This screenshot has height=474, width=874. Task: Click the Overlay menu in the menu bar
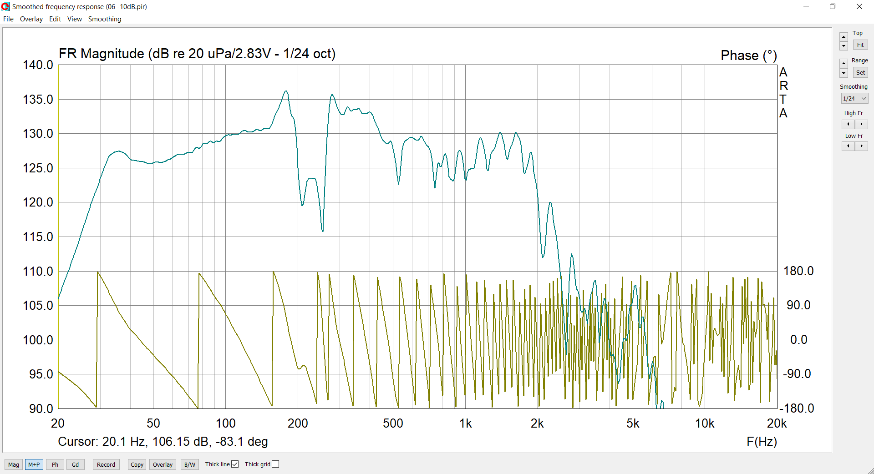coord(31,19)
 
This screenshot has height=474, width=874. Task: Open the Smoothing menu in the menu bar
coord(105,19)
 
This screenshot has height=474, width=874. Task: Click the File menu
coord(8,19)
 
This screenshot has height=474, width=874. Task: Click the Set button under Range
coord(860,72)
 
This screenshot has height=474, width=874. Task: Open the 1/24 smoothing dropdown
coord(854,98)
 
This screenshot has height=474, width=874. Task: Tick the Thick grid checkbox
coord(275,464)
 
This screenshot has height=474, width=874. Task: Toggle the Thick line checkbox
coord(235,464)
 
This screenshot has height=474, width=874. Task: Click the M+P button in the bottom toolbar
coord(34,464)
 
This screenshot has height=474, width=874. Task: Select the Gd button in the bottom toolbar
coord(75,464)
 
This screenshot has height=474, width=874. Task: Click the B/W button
coord(190,464)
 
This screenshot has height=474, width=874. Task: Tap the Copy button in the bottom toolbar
coord(137,464)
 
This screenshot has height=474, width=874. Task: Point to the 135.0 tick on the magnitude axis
coord(38,100)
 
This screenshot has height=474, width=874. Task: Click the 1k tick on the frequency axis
coord(465,424)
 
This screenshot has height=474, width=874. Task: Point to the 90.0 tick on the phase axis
coord(798,305)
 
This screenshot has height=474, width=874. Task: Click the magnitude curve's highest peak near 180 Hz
coord(286,91)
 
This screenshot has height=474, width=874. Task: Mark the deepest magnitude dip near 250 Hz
coord(322,231)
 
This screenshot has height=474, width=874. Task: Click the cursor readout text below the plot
coord(163,442)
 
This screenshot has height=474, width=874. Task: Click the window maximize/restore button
coord(833,6)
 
